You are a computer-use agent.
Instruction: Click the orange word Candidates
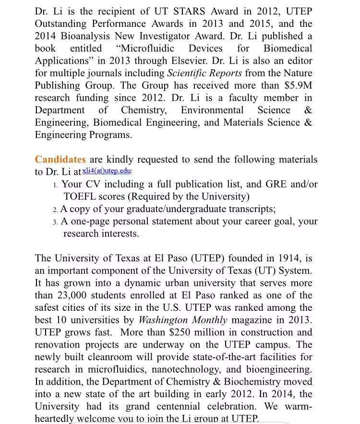pyautogui.click(x=60, y=159)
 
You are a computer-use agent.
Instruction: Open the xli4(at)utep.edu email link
pyautogui.click(x=107, y=171)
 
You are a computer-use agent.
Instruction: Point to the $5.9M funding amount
pyautogui.click(x=298, y=85)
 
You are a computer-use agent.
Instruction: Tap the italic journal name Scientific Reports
pyautogui.click(x=205, y=73)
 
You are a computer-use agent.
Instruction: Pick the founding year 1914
pyautogui.click(x=286, y=258)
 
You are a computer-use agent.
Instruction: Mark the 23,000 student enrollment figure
pyautogui.click(x=72, y=295)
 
